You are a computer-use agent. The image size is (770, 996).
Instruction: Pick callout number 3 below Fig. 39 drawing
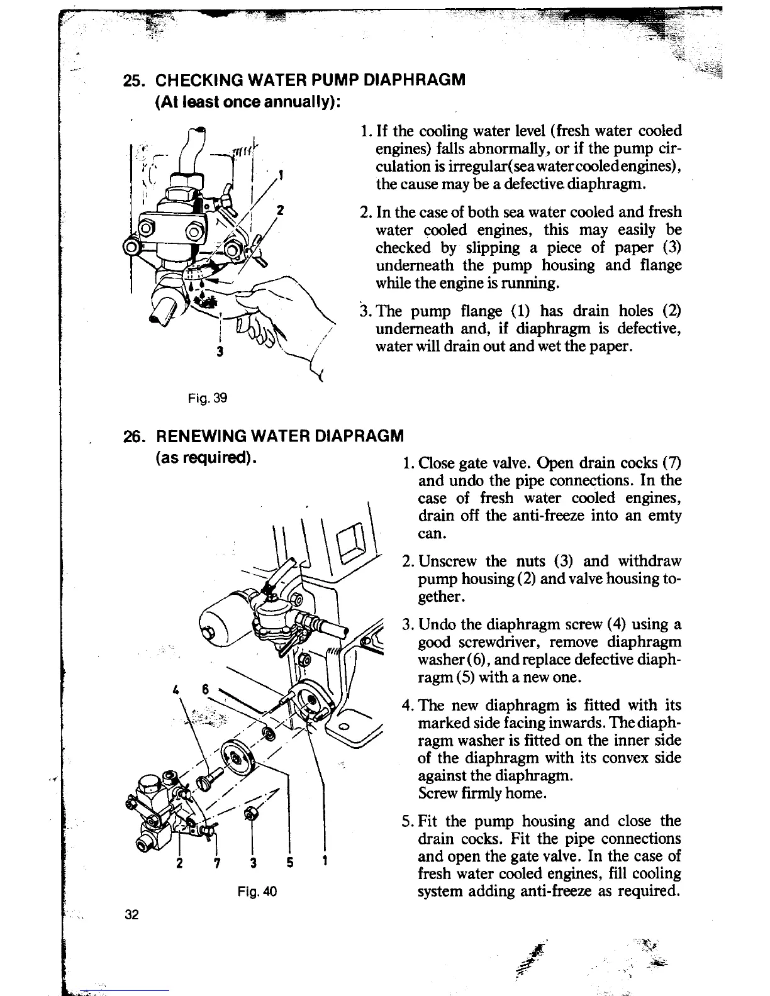tap(219, 352)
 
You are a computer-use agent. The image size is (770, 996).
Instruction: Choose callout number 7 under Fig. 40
tap(216, 863)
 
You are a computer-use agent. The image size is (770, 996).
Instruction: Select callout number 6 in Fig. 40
tap(205, 687)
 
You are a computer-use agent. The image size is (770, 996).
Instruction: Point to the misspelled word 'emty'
tap(667, 516)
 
